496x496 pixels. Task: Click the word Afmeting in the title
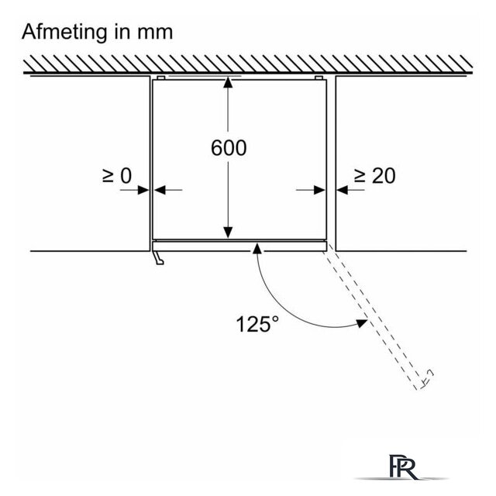64,33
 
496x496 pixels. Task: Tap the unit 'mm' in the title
155,33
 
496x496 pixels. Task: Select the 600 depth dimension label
229,148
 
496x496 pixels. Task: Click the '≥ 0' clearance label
117,176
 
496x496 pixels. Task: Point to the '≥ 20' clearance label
375,176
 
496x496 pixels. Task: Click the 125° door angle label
258,324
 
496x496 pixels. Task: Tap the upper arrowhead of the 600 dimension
228,82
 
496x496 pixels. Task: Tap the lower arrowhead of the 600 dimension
228,232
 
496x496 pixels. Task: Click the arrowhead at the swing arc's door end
362,323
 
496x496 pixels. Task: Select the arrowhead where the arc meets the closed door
257,249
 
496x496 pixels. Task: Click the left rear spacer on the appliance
160,77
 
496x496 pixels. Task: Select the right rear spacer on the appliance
319,77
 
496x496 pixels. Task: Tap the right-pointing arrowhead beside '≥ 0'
143,190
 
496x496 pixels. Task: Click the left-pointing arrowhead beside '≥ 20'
343,190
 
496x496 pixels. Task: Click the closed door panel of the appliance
239,246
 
